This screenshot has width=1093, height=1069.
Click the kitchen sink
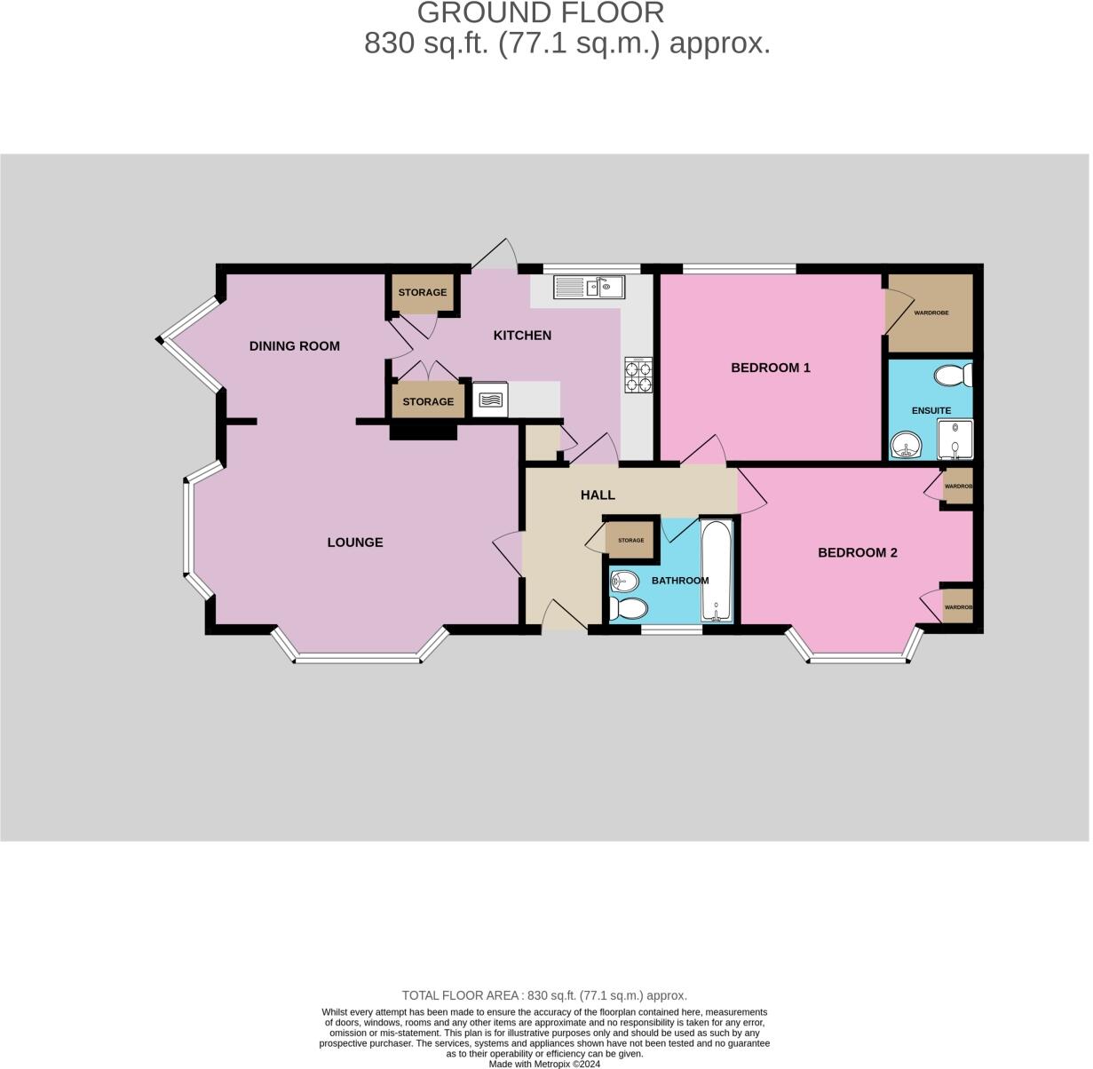pos(590,287)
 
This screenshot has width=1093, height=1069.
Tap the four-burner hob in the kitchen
pos(638,376)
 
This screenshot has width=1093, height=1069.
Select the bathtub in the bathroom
pos(717,571)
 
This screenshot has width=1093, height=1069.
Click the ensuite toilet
pos(953,376)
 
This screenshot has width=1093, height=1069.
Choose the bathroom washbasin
pos(624,581)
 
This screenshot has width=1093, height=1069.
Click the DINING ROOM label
pos(294,346)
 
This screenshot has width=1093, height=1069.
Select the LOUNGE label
pos(355,542)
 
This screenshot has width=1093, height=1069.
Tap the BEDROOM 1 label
pos(771,368)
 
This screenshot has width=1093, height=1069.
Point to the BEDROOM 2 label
pos(858,553)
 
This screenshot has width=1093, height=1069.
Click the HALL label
pos(598,495)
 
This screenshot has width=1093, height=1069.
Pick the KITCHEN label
pos(522,336)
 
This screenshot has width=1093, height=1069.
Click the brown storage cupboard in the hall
pos(630,540)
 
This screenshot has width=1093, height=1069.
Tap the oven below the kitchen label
pos(490,400)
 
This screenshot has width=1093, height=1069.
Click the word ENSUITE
pos(931,411)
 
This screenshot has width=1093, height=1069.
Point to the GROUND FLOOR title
pos(540,13)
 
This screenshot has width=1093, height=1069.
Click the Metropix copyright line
pos(545,1063)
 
